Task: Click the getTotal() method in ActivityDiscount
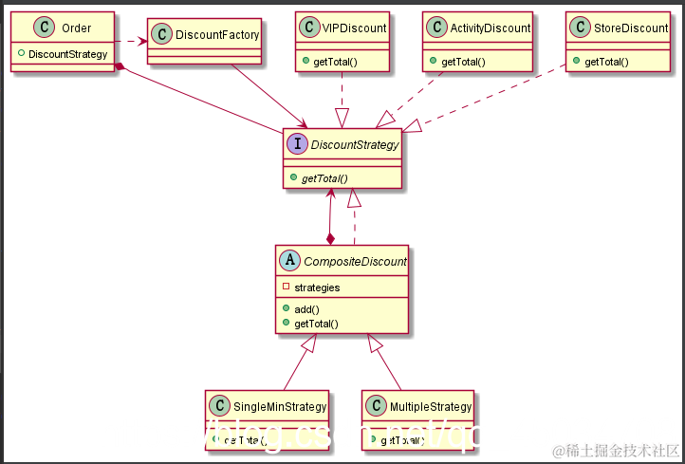(x=463, y=62)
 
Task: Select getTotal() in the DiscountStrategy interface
(x=325, y=177)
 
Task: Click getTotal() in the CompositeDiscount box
(x=317, y=324)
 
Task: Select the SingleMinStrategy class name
(x=280, y=406)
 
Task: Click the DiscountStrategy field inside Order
(x=67, y=54)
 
